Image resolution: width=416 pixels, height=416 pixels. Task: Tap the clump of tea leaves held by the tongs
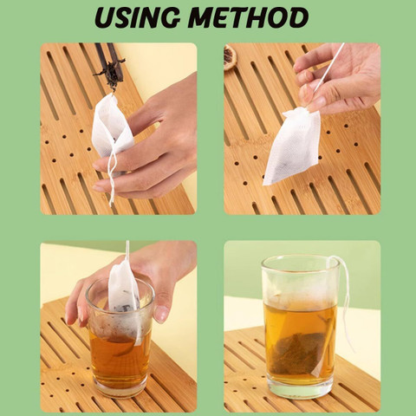point(111,74)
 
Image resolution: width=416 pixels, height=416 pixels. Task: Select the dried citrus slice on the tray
point(231,56)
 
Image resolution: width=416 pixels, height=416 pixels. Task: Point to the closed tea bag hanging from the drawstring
point(292,146)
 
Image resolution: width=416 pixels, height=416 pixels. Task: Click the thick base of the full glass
point(301,387)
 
